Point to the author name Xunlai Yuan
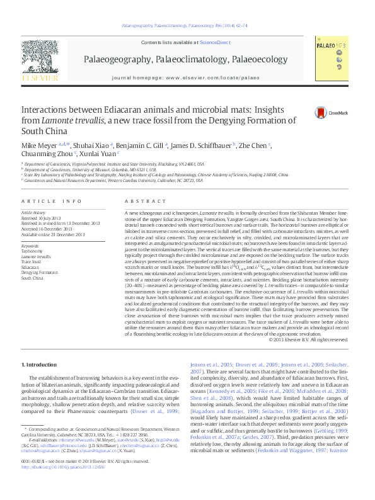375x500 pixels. point(98,153)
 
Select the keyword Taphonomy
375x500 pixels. point(33,251)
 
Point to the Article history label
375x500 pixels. point(35,213)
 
